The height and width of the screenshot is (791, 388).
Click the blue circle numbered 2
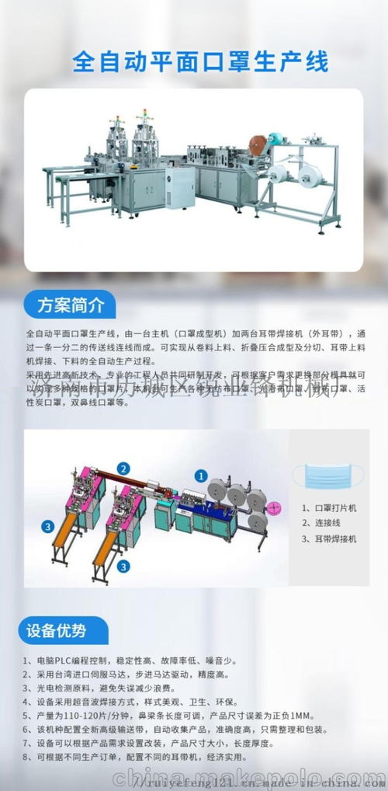tap(123, 468)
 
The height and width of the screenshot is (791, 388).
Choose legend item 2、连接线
tap(318, 523)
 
